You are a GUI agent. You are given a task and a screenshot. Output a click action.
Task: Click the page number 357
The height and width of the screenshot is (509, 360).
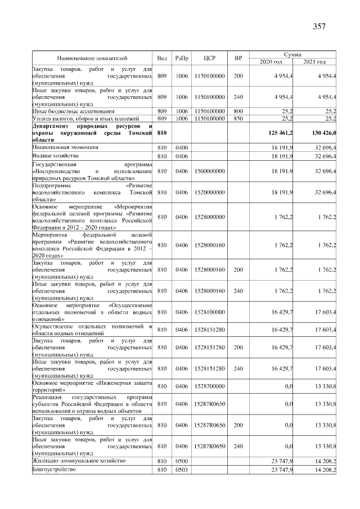[x=319, y=26]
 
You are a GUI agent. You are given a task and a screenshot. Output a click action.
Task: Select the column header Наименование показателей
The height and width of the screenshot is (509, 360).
[x=92, y=58]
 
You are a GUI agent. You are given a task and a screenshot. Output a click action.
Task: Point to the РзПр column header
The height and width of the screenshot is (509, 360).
[x=182, y=58]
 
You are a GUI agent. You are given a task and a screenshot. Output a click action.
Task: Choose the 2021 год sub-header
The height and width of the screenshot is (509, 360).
[x=314, y=61]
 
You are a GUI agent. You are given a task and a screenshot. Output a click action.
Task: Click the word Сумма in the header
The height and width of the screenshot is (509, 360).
[x=292, y=54]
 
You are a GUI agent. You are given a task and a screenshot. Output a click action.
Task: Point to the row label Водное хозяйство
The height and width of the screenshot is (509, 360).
[x=55, y=155]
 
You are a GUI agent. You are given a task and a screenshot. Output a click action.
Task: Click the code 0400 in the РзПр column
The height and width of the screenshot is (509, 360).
[x=182, y=147]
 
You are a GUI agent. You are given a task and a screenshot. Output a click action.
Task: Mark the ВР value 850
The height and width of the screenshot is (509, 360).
[x=238, y=119]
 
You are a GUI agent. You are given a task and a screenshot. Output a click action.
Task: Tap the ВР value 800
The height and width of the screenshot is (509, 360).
[x=238, y=111]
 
